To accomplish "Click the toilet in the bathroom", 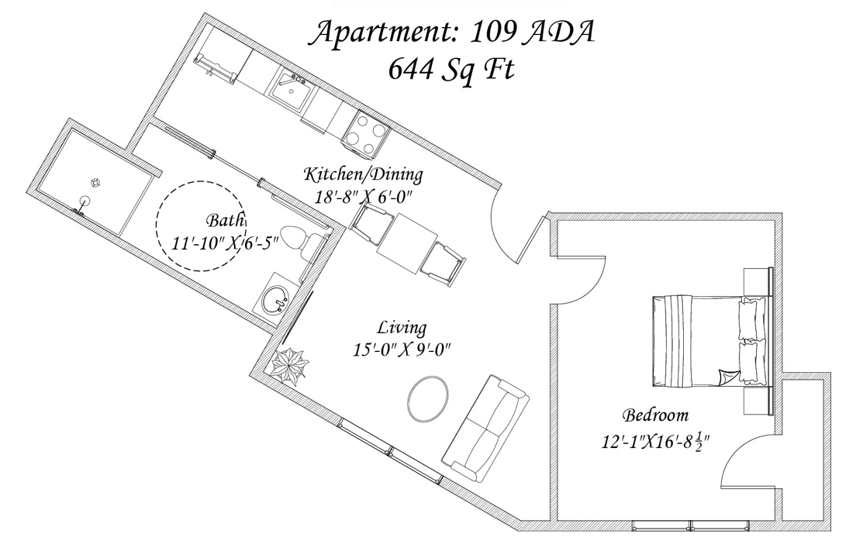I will [x=298, y=240].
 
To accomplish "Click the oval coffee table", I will [x=427, y=396].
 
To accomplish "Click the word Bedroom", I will [x=655, y=415].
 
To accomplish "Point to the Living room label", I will [x=402, y=327].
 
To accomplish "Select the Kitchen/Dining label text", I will [x=363, y=174].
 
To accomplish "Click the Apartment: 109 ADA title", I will [x=453, y=32].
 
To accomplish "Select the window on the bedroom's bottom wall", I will [x=689, y=525].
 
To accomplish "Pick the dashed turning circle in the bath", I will [x=201, y=225].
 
